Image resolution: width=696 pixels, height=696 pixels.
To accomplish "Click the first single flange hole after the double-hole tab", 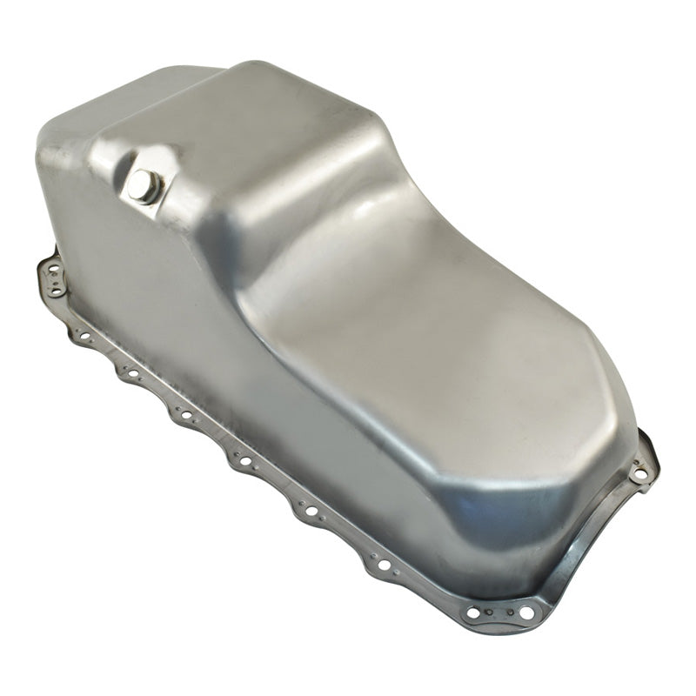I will pos(86,335).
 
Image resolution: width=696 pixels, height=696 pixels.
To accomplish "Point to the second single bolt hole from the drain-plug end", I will pos(133,375).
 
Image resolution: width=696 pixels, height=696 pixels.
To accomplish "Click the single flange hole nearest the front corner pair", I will pos(384,565).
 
